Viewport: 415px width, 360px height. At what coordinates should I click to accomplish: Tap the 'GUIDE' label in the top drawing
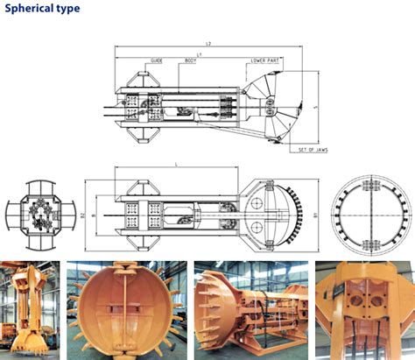pyautogui.click(x=157, y=60)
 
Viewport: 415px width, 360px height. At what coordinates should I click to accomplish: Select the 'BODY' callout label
pyautogui.click(x=190, y=60)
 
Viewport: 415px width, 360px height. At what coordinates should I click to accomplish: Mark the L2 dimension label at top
pyautogui.click(x=207, y=42)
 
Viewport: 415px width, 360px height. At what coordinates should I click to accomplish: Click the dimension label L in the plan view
pyautogui.click(x=178, y=163)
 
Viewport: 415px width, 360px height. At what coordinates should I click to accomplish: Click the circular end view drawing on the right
pyautogui.click(x=372, y=213)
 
